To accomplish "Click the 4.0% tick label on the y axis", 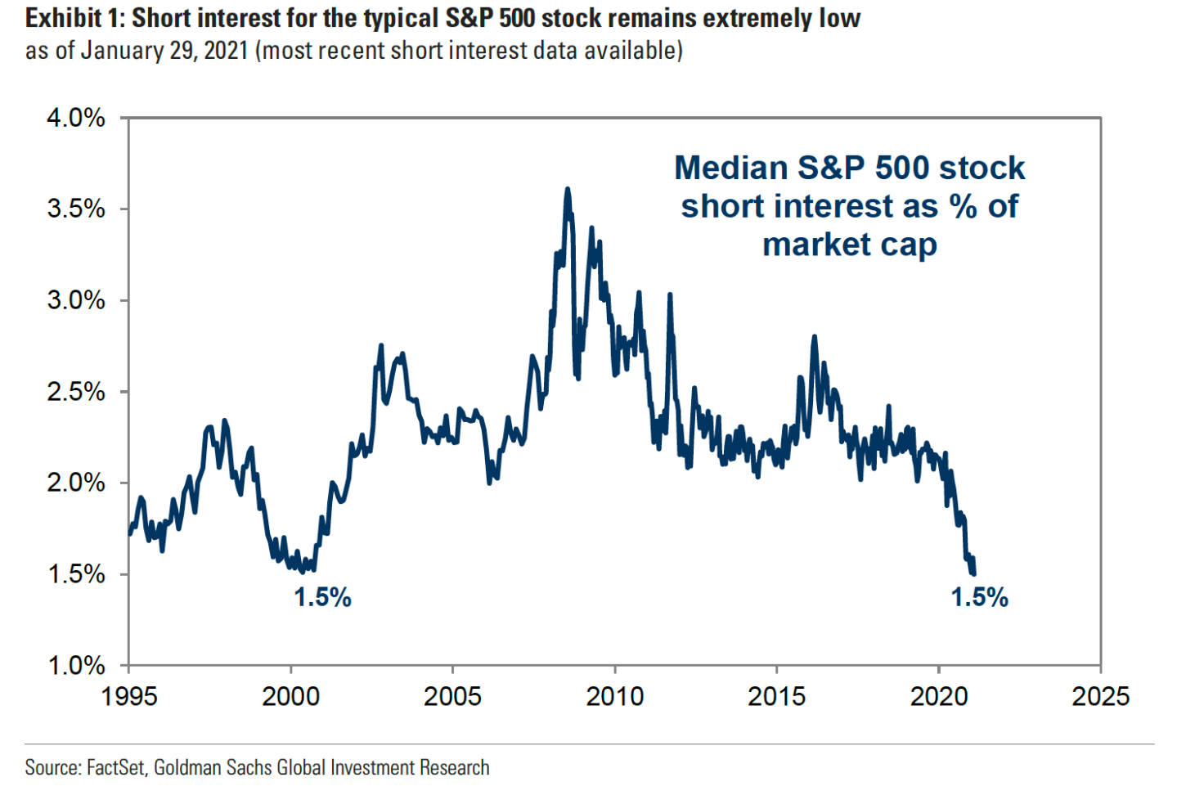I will pyautogui.click(x=76, y=119).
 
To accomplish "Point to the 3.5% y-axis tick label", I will pyautogui.click(x=76, y=209).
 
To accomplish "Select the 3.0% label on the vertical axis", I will pyautogui.click(x=76, y=300).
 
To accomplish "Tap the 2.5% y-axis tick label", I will pyautogui.click(x=76, y=392).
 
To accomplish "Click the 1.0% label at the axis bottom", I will pyautogui.click(x=76, y=666).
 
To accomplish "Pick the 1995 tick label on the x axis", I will pyautogui.click(x=128, y=696).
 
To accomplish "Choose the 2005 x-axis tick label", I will pyautogui.click(x=452, y=696).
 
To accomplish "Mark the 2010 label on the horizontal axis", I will pyautogui.click(x=614, y=696).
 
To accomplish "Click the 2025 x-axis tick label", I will pyautogui.click(x=1100, y=696).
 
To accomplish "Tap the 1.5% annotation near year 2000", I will pyautogui.click(x=322, y=598).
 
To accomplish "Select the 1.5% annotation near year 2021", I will pyautogui.click(x=979, y=598).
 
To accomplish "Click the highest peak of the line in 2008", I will pyautogui.click(x=567, y=190).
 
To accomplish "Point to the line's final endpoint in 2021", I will pyautogui.click(x=973, y=573).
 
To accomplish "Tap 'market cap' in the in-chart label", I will pyautogui.click(x=849, y=245).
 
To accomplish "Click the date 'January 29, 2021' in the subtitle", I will pyautogui.click(x=164, y=51).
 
